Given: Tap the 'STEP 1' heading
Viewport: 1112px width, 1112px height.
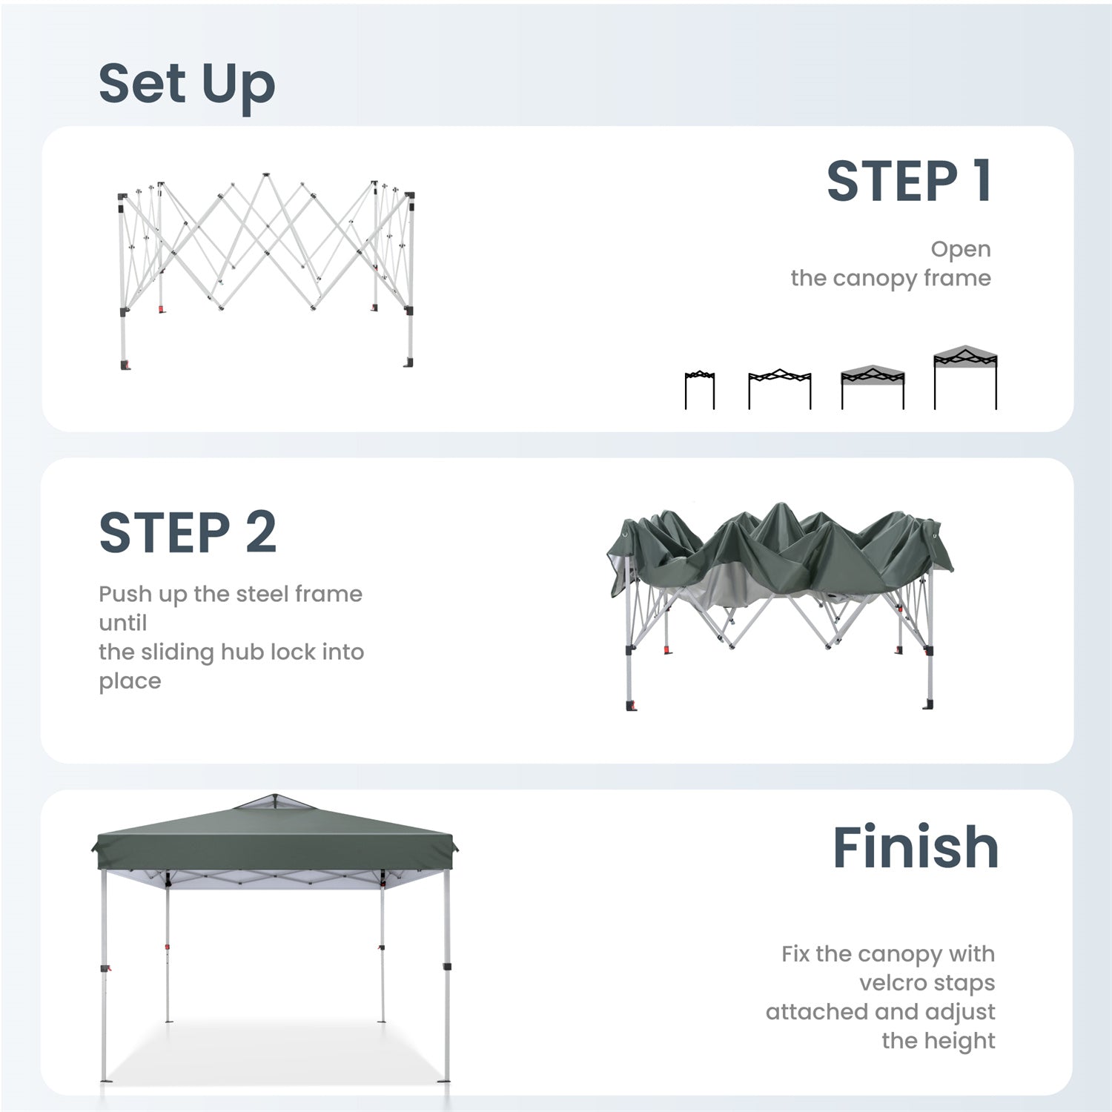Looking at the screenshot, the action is (x=909, y=182).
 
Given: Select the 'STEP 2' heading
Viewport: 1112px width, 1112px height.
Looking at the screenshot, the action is (x=188, y=532).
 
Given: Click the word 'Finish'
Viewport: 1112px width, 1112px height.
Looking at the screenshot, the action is (x=916, y=847).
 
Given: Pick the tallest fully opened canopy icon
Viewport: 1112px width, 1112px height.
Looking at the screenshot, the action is (x=965, y=377).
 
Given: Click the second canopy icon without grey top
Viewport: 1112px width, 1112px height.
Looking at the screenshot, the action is (x=779, y=389).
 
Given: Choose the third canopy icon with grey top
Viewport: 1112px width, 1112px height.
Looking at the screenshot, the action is (x=873, y=387).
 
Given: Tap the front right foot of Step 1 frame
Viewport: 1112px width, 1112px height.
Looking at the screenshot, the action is (x=408, y=362).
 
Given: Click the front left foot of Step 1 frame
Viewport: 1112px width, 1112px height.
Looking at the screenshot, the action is (x=124, y=365).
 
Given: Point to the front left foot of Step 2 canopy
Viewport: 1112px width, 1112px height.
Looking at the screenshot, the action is (x=631, y=705).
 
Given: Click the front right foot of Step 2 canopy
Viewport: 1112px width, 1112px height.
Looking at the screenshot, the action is (x=927, y=704).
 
